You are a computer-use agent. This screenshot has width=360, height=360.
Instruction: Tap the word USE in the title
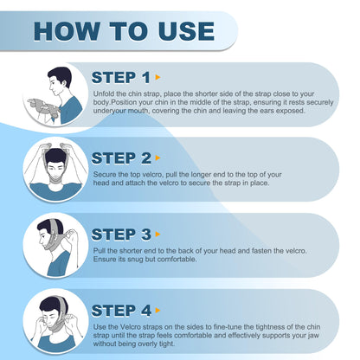[x=186, y=31]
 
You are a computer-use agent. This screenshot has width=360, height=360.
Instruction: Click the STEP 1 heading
[x=121, y=77]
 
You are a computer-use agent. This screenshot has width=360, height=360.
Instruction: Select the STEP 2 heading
[x=121, y=158]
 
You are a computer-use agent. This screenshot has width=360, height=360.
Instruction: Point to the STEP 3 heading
[x=121, y=235]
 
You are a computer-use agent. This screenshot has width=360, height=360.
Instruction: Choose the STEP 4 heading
[x=121, y=311]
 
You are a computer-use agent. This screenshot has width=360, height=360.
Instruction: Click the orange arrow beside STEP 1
[x=157, y=77]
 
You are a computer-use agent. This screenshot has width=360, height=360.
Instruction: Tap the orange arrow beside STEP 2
[x=157, y=158]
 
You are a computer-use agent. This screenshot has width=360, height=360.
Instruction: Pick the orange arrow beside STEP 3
[x=157, y=235]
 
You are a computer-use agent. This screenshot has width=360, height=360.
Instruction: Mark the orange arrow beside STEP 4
[x=157, y=311]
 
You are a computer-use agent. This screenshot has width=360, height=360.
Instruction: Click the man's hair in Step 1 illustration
[x=61, y=75]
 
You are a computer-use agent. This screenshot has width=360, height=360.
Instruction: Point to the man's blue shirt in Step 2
[x=55, y=192]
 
